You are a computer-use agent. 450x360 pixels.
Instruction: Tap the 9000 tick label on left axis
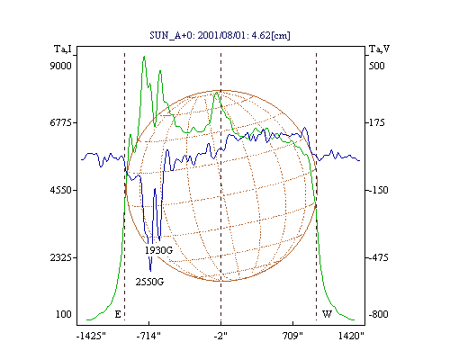click(60, 66)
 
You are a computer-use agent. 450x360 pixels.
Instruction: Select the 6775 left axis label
click(61, 122)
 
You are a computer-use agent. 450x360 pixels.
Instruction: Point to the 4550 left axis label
click(61, 190)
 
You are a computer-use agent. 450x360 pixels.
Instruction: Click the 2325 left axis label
click(61, 257)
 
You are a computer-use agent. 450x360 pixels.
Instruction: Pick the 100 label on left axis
click(64, 314)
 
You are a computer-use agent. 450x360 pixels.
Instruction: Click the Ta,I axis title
click(63, 49)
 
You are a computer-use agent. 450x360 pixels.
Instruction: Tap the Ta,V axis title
click(379, 49)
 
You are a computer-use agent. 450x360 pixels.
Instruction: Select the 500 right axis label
click(376, 66)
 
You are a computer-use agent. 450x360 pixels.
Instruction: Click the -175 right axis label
click(376, 122)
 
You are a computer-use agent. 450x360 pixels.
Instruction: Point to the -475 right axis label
click(378, 257)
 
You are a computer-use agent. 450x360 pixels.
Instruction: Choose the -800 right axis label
click(378, 314)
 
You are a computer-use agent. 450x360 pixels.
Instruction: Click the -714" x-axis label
click(148, 336)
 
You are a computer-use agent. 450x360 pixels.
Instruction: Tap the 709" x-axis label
click(292, 336)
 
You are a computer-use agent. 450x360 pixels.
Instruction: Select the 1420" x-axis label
click(351, 336)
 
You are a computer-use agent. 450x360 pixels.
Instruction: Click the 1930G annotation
click(158, 250)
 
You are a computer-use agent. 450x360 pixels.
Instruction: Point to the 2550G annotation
click(149, 283)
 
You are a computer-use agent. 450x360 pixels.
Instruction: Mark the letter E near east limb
click(118, 314)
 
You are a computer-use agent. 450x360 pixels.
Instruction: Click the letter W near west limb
click(327, 314)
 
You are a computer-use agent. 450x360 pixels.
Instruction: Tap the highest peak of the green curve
click(144, 57)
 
